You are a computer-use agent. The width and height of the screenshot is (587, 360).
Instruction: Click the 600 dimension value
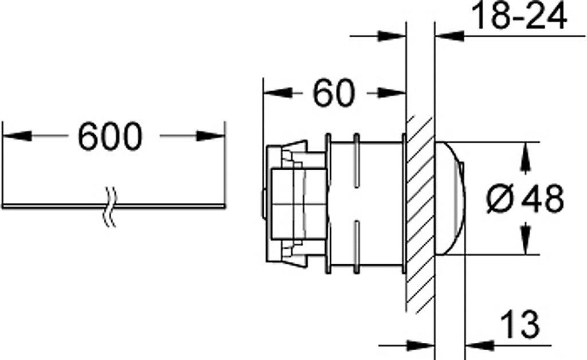tap(110, 136)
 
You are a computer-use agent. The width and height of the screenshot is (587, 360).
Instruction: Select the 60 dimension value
tap(333, 93)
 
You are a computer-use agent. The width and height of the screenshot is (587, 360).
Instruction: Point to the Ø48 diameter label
tap(525, 198)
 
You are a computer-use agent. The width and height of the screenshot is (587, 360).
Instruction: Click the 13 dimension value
tap(520, 324)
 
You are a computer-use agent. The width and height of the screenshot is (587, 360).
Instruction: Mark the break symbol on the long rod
tap(109, 206)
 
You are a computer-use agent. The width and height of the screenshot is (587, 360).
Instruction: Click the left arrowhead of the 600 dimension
tap(17, 136)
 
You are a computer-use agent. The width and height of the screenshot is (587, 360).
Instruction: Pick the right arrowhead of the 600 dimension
tap(211, 136)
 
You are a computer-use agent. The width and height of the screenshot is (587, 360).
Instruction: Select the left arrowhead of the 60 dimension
tap(278, 93)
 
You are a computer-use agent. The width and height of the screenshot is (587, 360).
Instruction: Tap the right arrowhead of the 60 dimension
tap(392, 93)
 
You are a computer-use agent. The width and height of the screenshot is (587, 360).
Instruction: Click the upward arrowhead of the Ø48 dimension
tap(526, 158)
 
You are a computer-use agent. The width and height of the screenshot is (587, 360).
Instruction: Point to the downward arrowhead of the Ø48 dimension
tap(526, 238)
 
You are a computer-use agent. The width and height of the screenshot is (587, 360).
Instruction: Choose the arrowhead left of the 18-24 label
tap(450, 36)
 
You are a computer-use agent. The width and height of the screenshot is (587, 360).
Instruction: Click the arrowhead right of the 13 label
tap(480, 346)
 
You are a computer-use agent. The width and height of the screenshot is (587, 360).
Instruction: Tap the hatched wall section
tap(420, 214)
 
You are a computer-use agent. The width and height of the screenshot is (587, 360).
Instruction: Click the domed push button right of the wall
tap(450, 198)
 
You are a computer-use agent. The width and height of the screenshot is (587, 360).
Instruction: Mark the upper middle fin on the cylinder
tap(357, 160)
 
